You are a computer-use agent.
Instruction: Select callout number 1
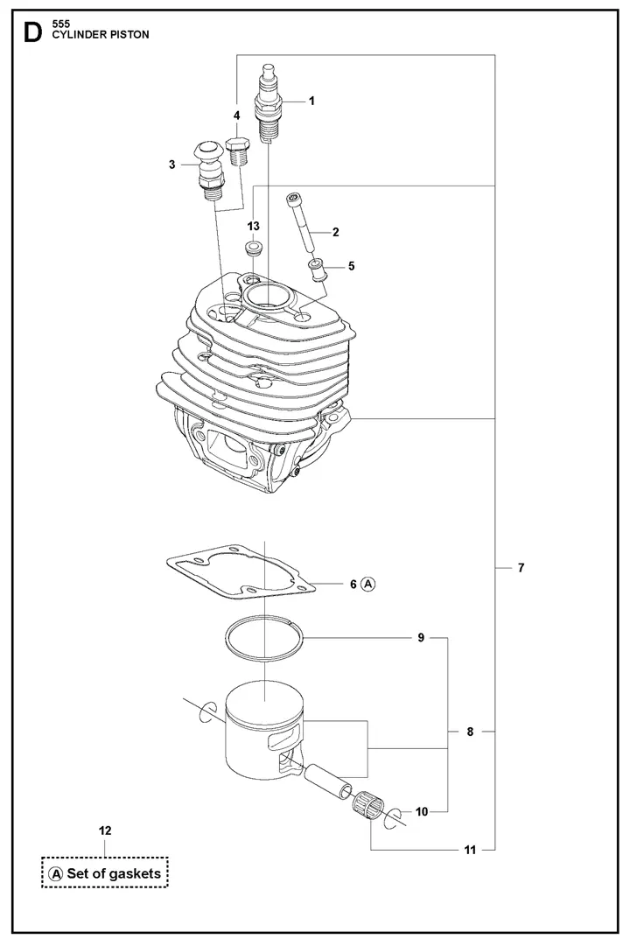(x=311, y=101)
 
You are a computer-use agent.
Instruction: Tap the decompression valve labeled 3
(x=209, y=169)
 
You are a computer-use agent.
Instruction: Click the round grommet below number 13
(x=253, y=252)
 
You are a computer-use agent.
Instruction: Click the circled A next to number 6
(x=368, y=584)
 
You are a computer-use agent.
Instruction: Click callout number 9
(x=420, y=638)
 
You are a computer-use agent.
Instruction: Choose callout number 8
(x=470, y=732)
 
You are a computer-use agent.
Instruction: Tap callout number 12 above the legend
(x=105, y=830)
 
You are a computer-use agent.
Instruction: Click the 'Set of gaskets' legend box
(x=104, y=872)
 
